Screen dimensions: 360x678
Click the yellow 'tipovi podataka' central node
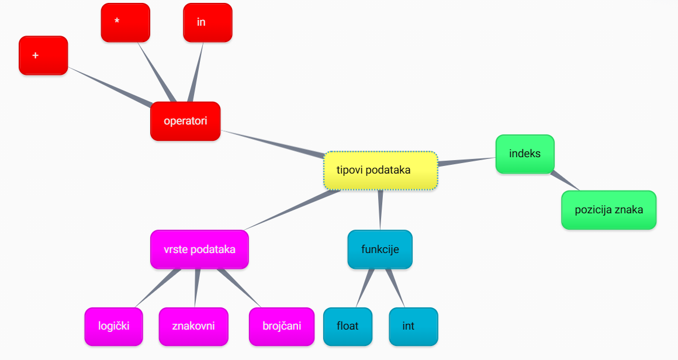coord(380,171)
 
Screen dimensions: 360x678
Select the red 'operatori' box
coord(185,122)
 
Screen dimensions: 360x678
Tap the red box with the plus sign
coord(43,56)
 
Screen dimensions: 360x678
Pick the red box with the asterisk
coord(125,23)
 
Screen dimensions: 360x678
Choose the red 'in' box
coord(207,23)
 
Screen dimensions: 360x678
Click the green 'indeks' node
coord(525,154)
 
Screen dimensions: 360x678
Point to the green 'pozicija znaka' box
coord(608,210)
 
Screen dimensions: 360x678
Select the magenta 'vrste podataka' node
coord(199,250)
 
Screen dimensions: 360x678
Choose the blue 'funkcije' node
coord(380,250)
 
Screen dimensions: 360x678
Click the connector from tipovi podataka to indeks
coord(466,161)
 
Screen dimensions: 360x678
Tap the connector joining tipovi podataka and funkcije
coord(380,209)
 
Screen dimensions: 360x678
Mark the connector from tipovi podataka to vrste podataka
coord(292,210)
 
